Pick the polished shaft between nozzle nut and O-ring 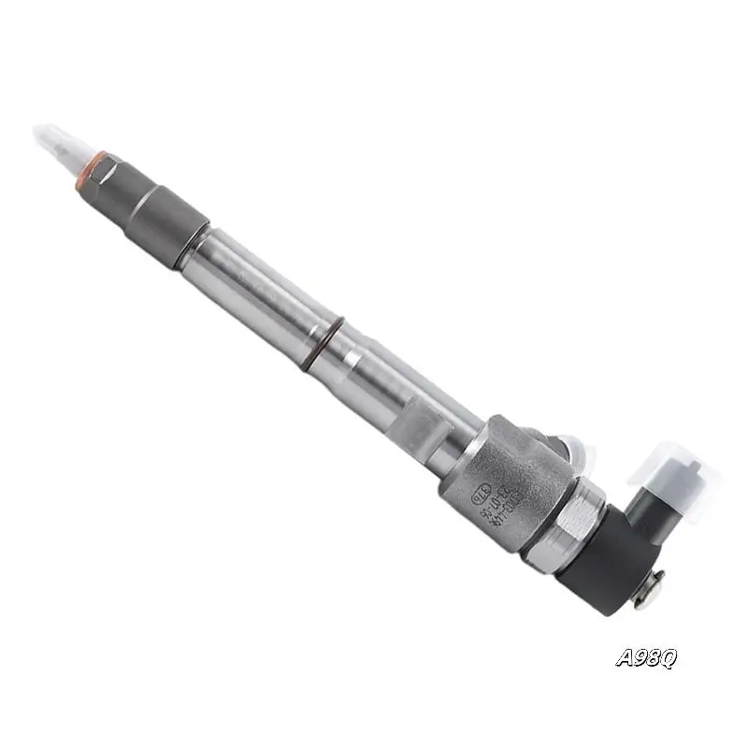252,285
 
